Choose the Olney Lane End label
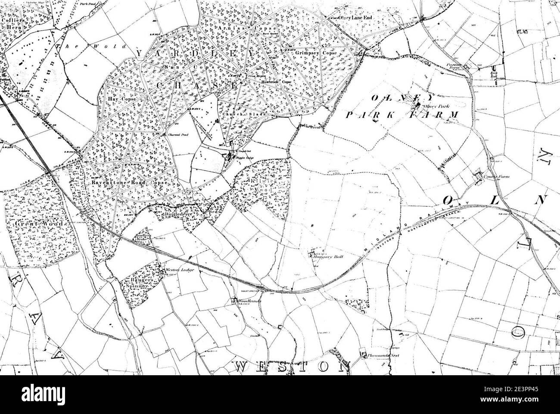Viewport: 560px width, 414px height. click(x=355, y=18)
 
